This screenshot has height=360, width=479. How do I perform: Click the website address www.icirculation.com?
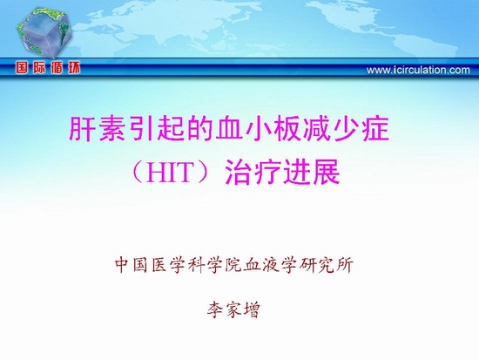point(418,70)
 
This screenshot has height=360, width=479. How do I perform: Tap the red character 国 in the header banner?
point(22,68)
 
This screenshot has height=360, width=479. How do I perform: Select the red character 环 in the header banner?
point(74,68)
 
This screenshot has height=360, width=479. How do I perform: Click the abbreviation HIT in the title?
point(169,173)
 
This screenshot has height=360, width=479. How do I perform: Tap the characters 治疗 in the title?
point(253,173)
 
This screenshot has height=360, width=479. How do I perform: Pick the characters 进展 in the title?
point(311,173)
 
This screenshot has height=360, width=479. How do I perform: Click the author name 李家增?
point(233,309)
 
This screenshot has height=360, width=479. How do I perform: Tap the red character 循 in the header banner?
point(57,68)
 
